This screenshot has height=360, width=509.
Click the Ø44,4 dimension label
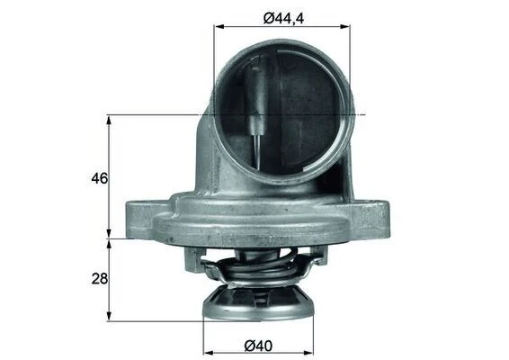tap(282, 14)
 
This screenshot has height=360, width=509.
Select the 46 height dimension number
tap(99, 178)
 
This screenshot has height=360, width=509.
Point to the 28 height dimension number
tap(99, 279)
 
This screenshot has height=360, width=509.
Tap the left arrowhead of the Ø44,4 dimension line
tap(218, 26)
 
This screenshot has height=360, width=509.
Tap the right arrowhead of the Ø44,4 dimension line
tap(346, 26)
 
